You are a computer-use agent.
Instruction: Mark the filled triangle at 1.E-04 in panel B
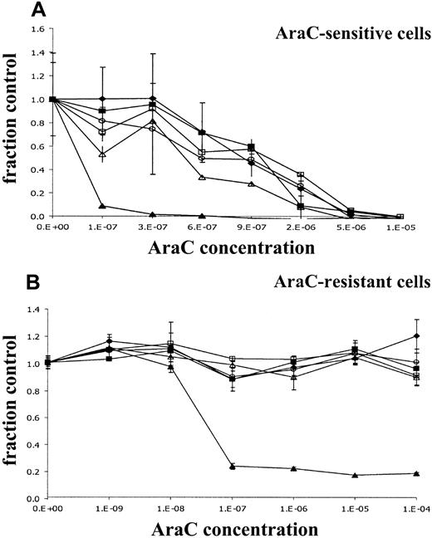pyautogui.click(x=415, y=473)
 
